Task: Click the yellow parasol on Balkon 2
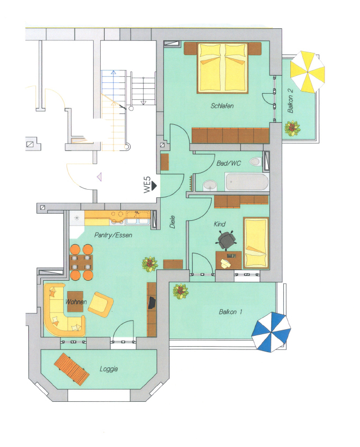click(x=307, y=72)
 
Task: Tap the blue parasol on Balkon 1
click(x=271, y=332)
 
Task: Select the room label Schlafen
click(x=222, y=106)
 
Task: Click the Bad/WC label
click(x=228, y=164)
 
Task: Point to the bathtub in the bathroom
click(x=247, y=182)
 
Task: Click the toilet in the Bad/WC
click(x=255, y=162)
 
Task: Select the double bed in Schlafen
click(x=223, y=68)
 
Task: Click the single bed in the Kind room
click(x=256, y=243)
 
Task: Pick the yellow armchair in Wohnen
click(x=101, y=304)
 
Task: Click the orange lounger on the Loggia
click(x=72, y=369)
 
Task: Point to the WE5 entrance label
click(x=147, y=185)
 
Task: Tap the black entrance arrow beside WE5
click(x=154, y=185)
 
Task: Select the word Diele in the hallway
click(x=172, y=222)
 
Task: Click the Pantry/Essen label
click(x=113, y=235)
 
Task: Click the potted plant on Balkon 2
click(x=292, y=128)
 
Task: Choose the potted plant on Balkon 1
click(x=181, y=291)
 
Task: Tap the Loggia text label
click(x=109, y=369)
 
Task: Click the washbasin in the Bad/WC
click(x=210, y=185)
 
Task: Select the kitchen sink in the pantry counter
click(x=138, y=218)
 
